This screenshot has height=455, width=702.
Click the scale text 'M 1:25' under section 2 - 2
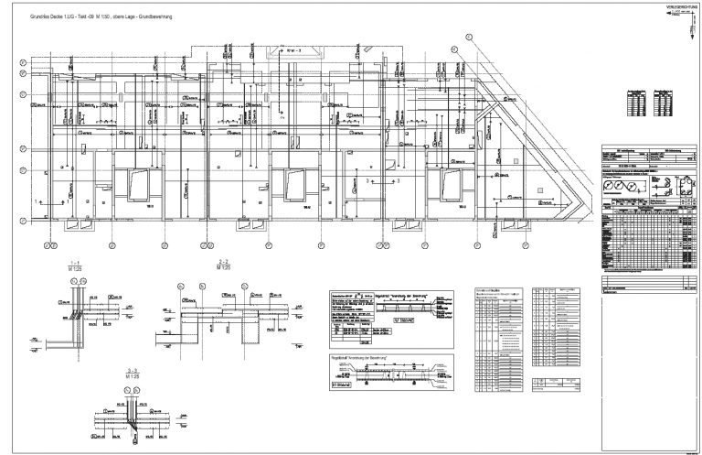(210, 268)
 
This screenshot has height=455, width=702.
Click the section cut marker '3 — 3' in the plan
(368, 183)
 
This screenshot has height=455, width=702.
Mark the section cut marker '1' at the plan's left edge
(36, 200)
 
